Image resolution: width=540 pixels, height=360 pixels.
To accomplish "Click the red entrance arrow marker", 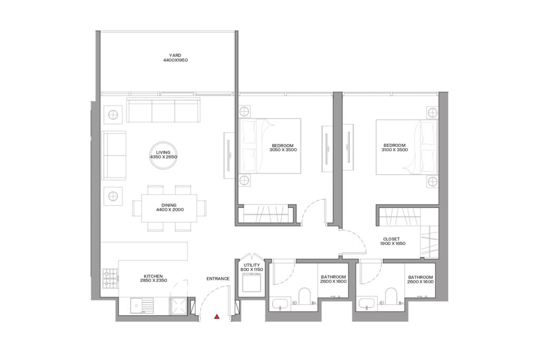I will [x=216, y=317].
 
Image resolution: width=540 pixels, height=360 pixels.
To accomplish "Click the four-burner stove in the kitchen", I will [x=110, y=278].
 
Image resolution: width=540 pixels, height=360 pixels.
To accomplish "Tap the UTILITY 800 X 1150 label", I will [x=250, y=267].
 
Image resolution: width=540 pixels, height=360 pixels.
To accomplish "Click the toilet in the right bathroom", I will [x=391, y=297].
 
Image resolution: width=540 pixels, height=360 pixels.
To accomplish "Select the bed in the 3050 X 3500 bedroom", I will [x=269, y=146].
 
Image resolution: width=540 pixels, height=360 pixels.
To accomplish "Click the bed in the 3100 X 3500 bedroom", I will [x=406, y=147].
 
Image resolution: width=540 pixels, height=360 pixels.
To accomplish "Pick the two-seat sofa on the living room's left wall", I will [x=114, y=155].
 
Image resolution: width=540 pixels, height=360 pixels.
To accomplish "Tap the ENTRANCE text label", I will [x=218, y=279].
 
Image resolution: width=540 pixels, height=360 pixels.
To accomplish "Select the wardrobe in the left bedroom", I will [x=262, y=216].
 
